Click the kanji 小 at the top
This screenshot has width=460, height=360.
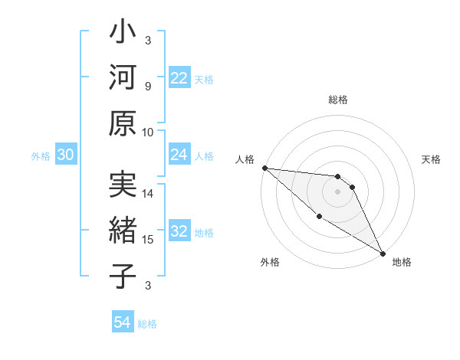pos(122,34)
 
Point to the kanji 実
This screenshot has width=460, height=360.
pos(122,187)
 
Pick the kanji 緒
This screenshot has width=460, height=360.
pos(122,232)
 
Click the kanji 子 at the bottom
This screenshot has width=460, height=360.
pos(122,277)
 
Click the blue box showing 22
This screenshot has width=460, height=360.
pos(179,78)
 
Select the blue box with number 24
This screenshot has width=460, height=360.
pos(179,155)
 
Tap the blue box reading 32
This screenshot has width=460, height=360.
pos(179,232)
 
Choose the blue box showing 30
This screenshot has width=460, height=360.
pos(65,155)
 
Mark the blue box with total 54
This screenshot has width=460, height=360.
pos(122,322)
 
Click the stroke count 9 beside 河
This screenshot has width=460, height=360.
pos(147,86)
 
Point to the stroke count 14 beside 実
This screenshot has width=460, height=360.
pos(148,194)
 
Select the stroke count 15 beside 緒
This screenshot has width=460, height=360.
pos(148,240)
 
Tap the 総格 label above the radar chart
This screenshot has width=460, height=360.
pos(337,100)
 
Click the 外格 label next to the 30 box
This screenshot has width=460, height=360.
pos(41,156)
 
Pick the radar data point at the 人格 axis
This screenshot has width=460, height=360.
pos(264,167)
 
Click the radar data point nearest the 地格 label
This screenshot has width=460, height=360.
pos(383,253)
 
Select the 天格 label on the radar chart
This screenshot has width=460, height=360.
pos(431,159)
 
